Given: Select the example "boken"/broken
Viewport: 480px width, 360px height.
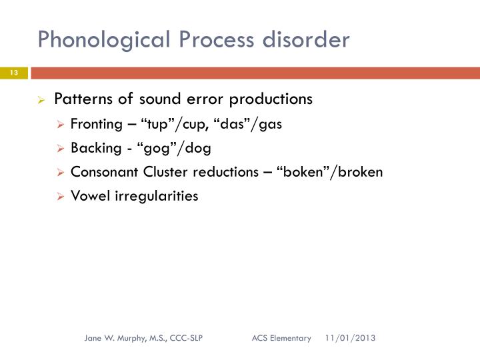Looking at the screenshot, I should [x=333, y=172].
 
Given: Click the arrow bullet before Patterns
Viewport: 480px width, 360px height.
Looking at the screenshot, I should [x=41, y=100].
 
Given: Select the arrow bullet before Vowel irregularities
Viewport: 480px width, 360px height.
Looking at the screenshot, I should [x=61, y=197].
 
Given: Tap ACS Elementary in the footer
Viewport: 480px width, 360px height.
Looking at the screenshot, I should [x=281, y=338].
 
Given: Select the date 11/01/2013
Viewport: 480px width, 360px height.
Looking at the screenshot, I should [x=351, y=338].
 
